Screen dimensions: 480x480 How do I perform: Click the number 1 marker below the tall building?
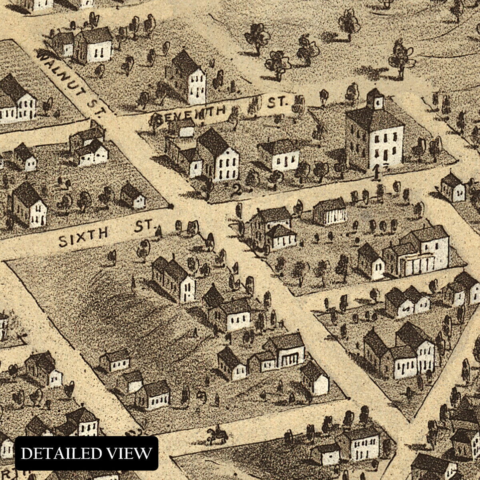click(x=376, y=173)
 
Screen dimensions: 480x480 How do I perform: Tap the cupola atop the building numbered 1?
click(x=375, y=100)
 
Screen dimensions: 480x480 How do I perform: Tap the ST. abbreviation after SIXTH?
click(x=144, y=227)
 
